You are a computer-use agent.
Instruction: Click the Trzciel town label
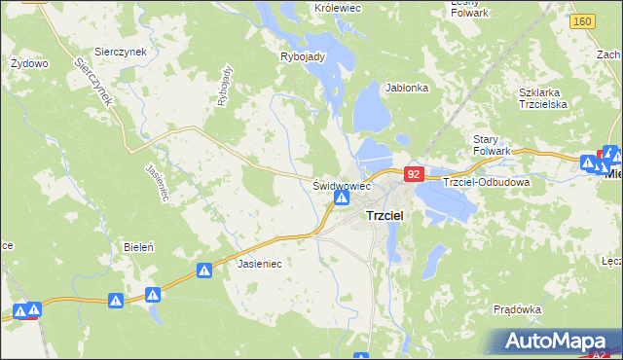tap(385, 216)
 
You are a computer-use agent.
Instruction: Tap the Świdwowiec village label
tap(342, 184)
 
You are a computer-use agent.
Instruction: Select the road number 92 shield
tap(414, 174)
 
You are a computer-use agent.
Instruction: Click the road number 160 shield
tap(583, 21)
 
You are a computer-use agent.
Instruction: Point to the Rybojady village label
tap(302, 56)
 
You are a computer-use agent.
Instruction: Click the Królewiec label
tap(337, 7)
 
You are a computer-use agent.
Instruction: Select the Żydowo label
tap(29, 63)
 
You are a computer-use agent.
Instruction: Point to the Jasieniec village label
tap(259, 263)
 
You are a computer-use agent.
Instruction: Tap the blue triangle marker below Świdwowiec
tap(342, 198)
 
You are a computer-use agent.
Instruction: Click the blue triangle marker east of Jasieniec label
tap(204, 270)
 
